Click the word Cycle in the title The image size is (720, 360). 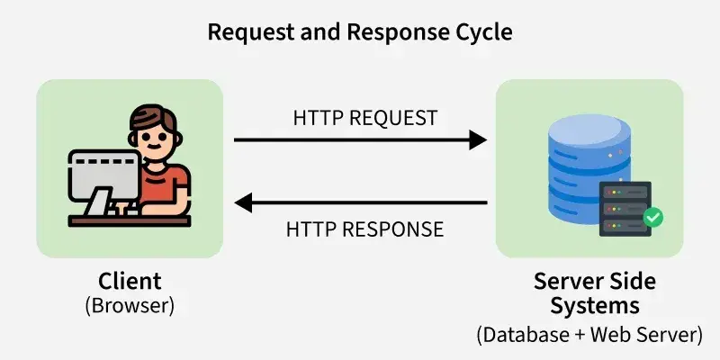(x=484, y=32)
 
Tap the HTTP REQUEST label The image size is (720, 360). (x=365, y=118)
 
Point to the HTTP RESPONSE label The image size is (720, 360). (x=365, y=229)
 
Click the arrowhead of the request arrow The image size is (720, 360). (x=478, y=139)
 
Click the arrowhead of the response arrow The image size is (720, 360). (x=243, y=202)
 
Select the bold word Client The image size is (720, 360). (x=130, y=281)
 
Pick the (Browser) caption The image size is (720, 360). (x=130, y=306)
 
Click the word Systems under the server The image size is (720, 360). (x=595, y=306)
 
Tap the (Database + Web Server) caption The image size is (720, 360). (x=589, y=334)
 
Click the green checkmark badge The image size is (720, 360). (x=653, y=217)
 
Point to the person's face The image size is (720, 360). (x=155, y=139)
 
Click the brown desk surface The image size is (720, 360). (x=130, y=220)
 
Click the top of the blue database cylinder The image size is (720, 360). (x=589, y=130)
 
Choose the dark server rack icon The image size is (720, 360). (x=625, y=209)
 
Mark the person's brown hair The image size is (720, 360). (x=153, y=117)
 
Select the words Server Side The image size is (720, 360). (x=595, y=281)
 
